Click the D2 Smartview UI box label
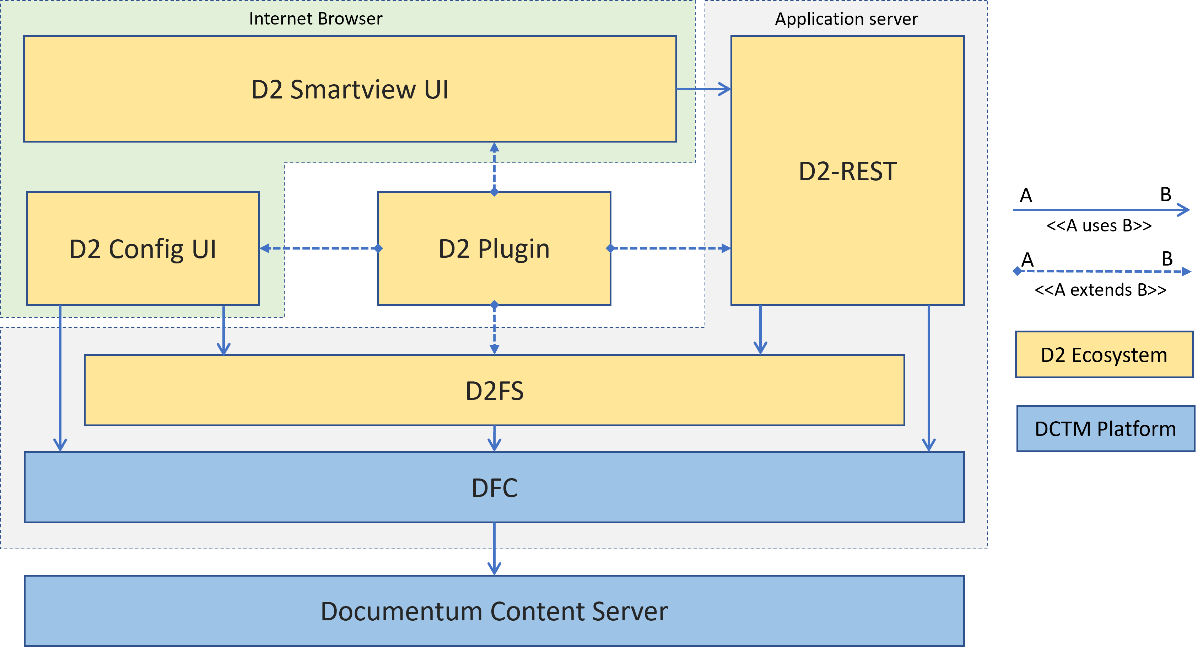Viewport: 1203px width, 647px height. coord(350,89)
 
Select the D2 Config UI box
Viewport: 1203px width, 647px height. coord(143,248)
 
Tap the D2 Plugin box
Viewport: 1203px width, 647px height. coord(494,248)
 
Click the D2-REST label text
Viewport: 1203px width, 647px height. coord(848,171)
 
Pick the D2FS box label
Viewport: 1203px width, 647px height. coord(494,391)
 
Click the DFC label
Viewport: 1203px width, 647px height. coord(494,488)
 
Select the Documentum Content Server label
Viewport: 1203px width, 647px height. coord(494,611)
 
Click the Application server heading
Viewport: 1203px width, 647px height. coord(846,19)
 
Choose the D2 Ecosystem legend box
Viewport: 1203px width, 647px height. coord(1104,354)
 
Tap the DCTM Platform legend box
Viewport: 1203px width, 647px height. coord(1105,428)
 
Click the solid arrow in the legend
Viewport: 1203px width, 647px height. coord(1101,210)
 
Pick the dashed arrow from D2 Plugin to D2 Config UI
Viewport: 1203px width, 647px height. coord(319,248)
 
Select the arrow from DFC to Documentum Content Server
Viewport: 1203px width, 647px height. coord(494,549)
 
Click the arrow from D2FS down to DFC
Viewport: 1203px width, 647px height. coord(494,438)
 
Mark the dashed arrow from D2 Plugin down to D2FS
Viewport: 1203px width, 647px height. coord(494,329)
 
